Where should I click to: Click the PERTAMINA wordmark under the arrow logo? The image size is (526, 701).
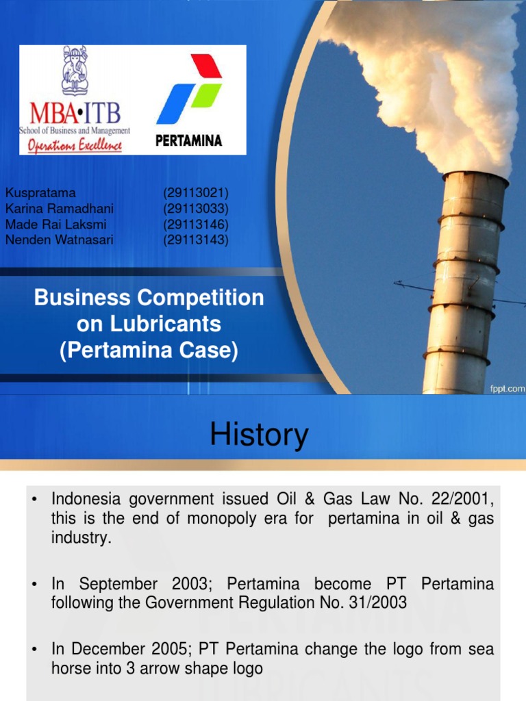[188, 142]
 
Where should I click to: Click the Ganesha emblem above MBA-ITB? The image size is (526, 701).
[75, 71]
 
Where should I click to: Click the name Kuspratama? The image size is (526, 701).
[40, 193]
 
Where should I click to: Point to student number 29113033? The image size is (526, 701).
[196, 209]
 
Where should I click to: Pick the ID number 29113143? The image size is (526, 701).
[196, 240]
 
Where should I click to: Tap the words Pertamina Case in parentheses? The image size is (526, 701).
[149, 350]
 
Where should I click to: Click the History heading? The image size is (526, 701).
[259, 435]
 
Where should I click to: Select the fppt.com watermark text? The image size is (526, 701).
[507, 388]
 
